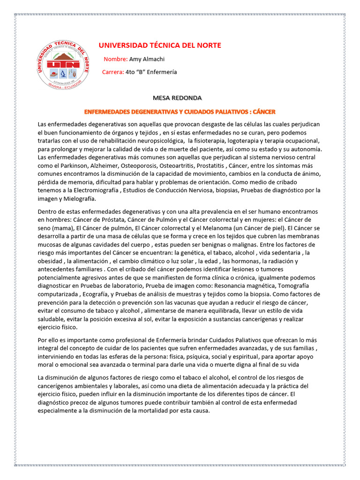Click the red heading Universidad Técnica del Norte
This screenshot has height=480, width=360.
click(x=159, y=45)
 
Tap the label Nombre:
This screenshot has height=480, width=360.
click(x=115, y=59)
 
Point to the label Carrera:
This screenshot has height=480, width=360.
click(x=113, y=73)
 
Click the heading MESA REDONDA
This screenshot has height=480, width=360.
click(x=177, y=98)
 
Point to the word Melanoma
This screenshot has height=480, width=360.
click(x=202, y=228)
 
